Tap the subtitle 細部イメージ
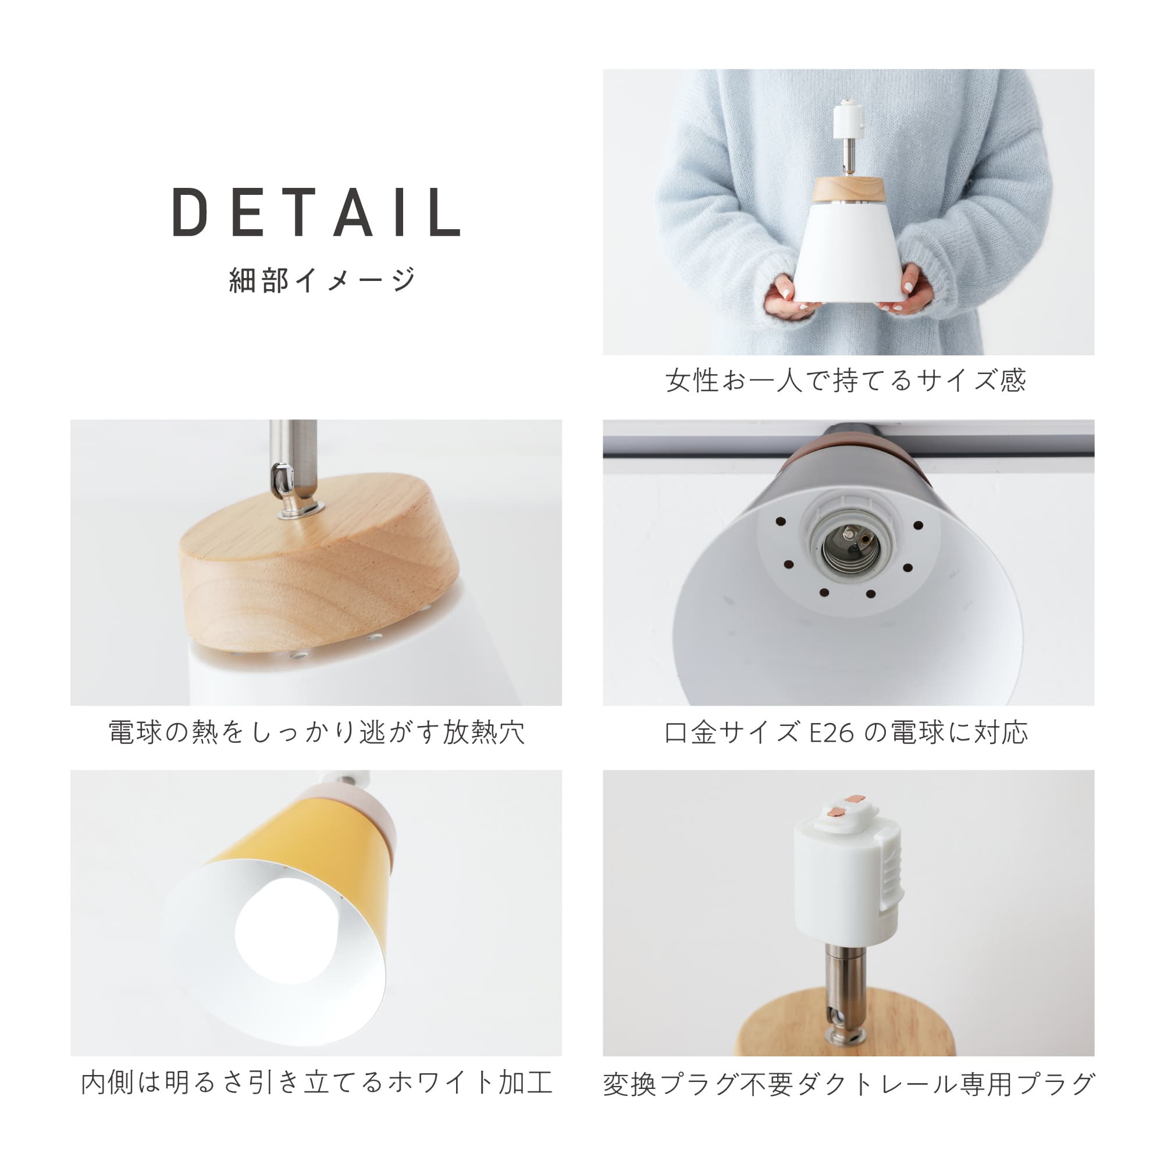322,280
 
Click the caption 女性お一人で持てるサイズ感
845,380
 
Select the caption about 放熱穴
316,732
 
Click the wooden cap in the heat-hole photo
319,567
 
